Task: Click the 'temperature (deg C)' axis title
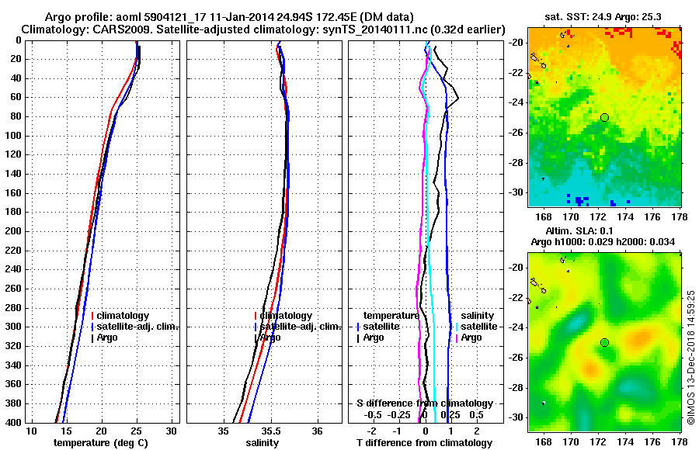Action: pos(101,443)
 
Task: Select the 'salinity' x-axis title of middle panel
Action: pos(263,443)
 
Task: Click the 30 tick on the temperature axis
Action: pos(172,431)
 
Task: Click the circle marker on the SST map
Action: pos(604,117)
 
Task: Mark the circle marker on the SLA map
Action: pos(604,342)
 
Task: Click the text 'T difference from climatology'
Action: pos(423,443)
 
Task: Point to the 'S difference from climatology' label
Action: pos(424,403)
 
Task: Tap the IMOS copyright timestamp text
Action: pos(691,357)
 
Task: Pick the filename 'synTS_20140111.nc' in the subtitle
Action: pos(394,29)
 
